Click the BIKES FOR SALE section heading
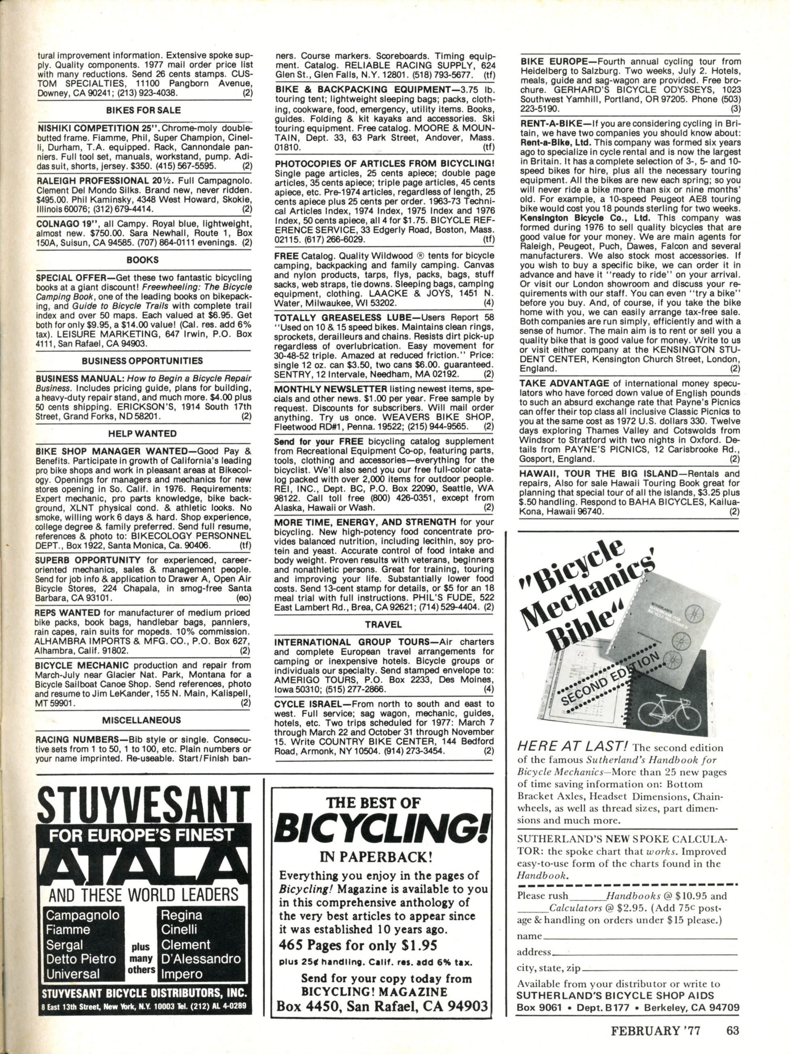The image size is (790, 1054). pos(143,110)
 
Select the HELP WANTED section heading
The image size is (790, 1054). pos(143,434)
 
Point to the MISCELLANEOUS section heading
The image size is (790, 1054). pos(143,720)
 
